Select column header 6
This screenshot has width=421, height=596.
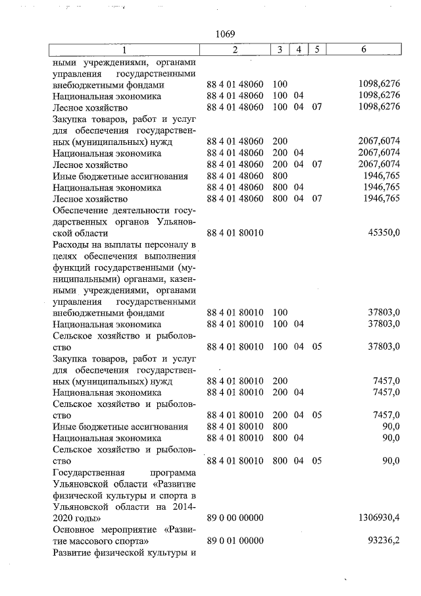pos(364,50)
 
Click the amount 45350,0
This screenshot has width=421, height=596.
pos(383,233)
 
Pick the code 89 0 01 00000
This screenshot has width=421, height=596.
pos(235,541)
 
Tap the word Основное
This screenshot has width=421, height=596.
pos(74,529)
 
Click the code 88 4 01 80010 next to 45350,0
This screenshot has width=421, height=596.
pos(235,233)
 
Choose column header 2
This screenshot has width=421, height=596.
pos(235,50)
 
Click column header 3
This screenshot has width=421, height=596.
pos(280,50)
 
